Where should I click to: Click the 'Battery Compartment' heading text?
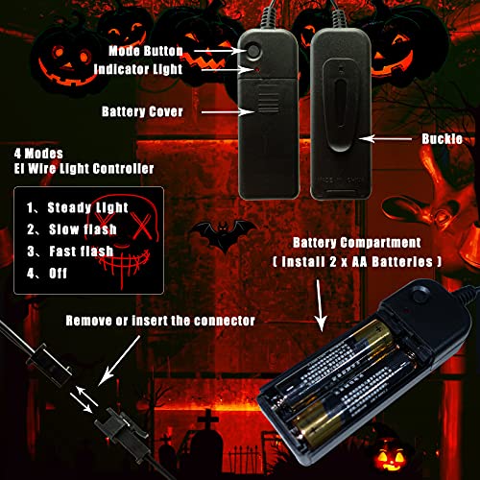click(358, 242)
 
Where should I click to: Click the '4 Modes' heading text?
click(39, 152)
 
